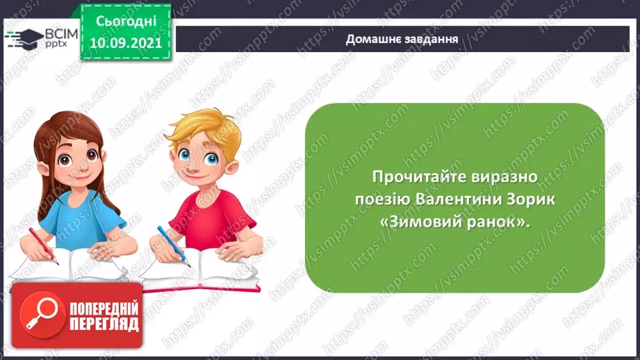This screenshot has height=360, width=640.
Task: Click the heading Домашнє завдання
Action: click(x=402, y=38)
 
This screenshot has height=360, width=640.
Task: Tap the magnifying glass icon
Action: click(x=35, y=315)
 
